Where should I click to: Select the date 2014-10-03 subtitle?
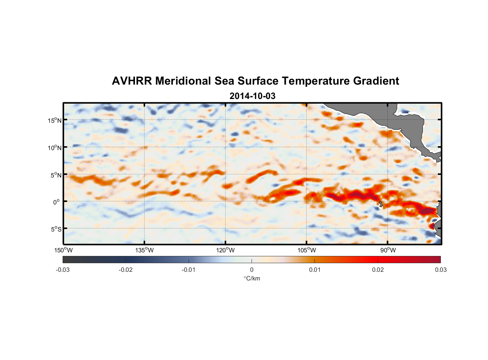(252, 96)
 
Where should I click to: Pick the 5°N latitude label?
(56, 175)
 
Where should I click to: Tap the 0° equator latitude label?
(57, 202)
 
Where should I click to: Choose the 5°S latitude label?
(56, 229)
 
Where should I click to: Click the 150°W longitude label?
(63, 250)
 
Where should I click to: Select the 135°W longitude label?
(144, 250)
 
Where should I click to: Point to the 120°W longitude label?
(225, 250)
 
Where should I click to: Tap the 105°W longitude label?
(307, 250)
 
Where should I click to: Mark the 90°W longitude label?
(388, 250)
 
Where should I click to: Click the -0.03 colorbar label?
(63, 270)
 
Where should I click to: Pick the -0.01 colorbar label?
(189, 270)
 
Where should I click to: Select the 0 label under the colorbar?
(252, 270)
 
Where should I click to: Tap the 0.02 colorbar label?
(378, 270)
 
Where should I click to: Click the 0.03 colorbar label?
(440, 270)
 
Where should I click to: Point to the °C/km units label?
(252, 278)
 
